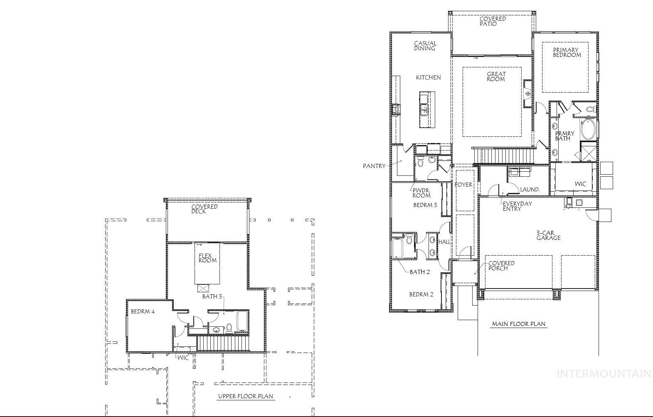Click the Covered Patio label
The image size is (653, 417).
click(493, 21)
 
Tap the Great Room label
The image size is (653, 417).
click(496, 76)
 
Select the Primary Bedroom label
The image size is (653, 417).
click(567, 52)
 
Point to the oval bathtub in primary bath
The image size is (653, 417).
click(588, 129)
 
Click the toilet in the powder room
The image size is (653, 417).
click(420, 162)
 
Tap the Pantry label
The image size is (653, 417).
click(375, 166)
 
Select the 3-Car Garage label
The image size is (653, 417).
click(548, 235)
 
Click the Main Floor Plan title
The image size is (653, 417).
click(519, 324)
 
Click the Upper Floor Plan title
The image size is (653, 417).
click(246, 396)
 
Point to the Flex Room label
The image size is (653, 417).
click(207, 258)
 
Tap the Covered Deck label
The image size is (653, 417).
click(205, 209)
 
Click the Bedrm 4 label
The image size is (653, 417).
click(143, 311)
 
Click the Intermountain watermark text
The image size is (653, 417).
click(604, 374)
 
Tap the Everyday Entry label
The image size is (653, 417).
click(517, 206)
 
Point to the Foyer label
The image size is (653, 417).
click(463, 185)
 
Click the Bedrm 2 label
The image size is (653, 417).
click(421, 294)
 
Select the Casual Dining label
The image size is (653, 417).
click(425, 46)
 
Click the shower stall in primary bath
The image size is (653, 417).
click(588, 152)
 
